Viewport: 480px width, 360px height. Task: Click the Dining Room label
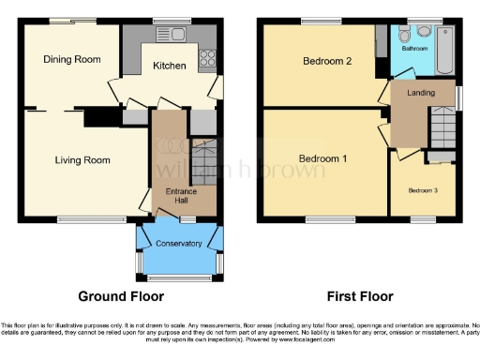click(x=72, y=60)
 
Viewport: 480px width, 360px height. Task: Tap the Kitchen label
click(x=170, y=66)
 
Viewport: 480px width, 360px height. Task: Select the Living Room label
click(x=82, y=160)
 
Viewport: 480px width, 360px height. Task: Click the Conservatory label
click(x=179, y=244)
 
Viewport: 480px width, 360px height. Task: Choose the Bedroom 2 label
click(x=327, y=63)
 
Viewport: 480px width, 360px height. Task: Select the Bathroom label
click(x=415, y=48)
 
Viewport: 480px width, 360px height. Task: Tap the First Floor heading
click(x=359, y=297)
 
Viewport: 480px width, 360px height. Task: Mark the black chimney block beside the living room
click(x=109, y=115)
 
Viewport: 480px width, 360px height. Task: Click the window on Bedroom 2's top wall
click(x=321, y=22)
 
